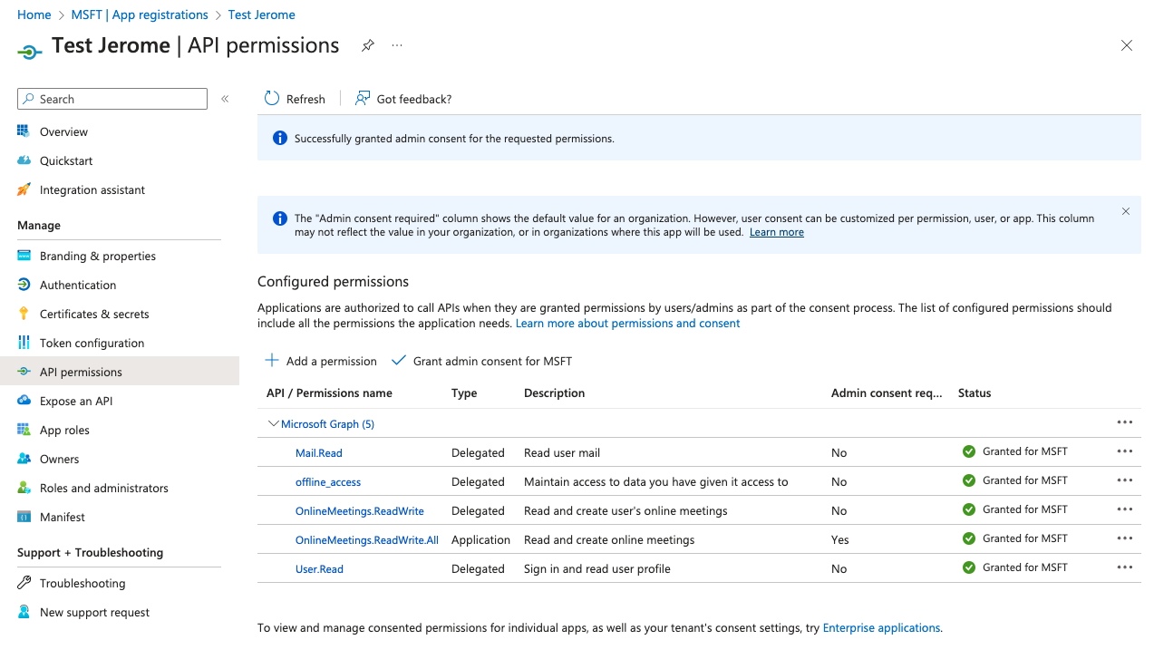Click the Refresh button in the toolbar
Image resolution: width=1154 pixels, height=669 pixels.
coord(295,99)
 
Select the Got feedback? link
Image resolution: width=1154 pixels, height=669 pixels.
coord(403,99)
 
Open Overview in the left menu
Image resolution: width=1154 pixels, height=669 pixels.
coord(63,131)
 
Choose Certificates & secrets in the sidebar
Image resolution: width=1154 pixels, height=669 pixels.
coord(94,314)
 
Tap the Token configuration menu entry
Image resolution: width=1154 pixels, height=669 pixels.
coord(92,343)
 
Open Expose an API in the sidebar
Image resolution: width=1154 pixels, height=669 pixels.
coord(76,401)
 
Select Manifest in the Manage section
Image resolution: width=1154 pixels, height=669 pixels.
coord(63,517)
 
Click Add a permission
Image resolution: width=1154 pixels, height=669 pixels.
coord(321,361)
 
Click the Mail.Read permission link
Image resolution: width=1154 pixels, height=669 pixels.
coord(319,452)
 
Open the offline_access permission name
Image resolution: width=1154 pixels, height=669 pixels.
coord(328,481)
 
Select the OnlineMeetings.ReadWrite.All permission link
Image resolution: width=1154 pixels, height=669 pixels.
coord(367,539)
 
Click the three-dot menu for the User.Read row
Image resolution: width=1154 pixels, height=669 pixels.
coord(1125,567)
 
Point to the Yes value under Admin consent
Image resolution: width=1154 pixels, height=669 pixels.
coord(840,539)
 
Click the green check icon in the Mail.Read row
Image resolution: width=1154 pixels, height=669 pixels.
coord(969,451)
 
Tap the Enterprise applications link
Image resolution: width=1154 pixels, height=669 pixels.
coord(881,627)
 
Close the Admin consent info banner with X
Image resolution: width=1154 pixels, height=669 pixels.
coord(1126,211)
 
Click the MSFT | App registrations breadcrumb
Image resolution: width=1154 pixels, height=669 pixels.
coord(140,15)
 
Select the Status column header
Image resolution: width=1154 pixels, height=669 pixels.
coord(975,393)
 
